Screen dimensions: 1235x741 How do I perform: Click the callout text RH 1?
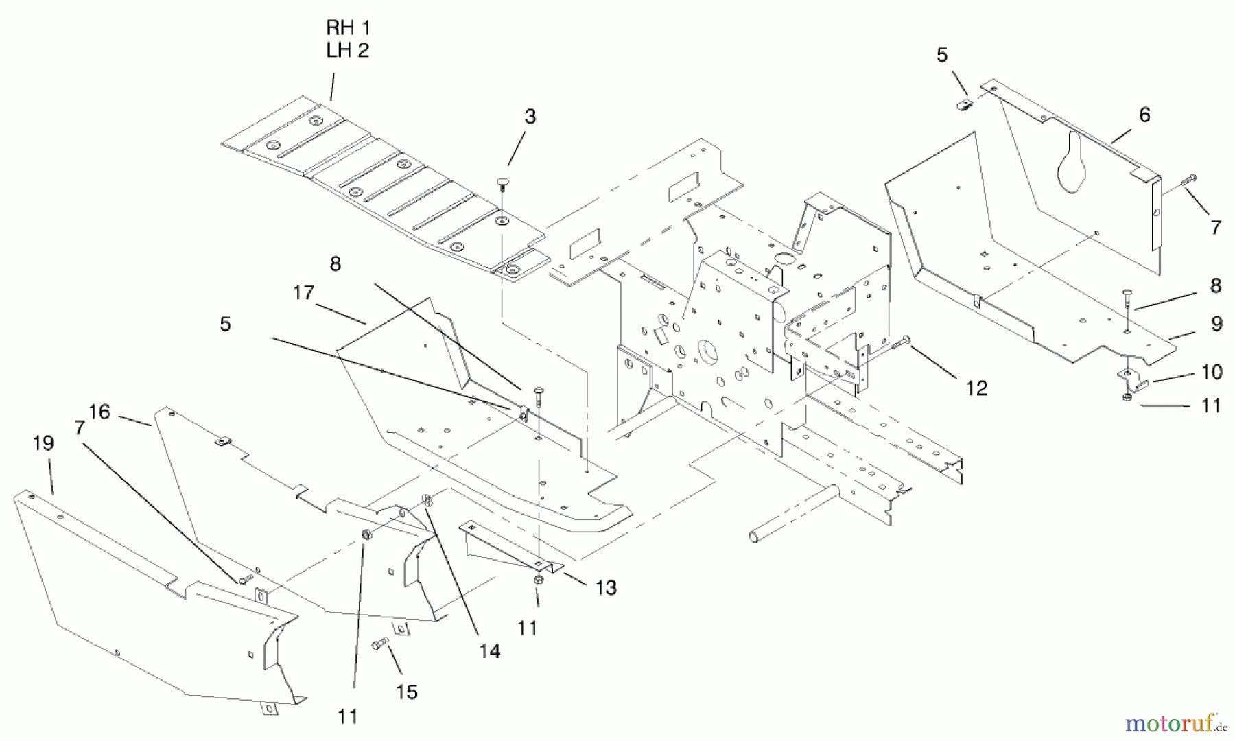(x=348, y=28)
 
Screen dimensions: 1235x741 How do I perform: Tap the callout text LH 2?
(x=348, y=50)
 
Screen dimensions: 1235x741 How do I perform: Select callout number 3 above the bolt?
(x=530, y=117)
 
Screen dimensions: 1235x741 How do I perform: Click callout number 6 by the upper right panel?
(x=1144, y=115)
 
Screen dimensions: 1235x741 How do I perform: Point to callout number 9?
(x=1216, y=324)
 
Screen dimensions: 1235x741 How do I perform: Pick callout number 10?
(x=1212, y=372)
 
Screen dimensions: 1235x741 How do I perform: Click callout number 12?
(x=976, y=388)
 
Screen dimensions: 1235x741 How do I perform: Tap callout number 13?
(x=607, y=587)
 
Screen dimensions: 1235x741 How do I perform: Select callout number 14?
(x=490, y=651)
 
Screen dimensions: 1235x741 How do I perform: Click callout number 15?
(x=407, y=692)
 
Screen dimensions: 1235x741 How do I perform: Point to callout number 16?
(x=99, y=412)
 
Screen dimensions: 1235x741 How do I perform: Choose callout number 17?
(x=303, y=293)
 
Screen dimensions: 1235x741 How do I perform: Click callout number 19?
(x=43, y=443)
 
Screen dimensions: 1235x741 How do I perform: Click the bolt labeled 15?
(x=379, y=644)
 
